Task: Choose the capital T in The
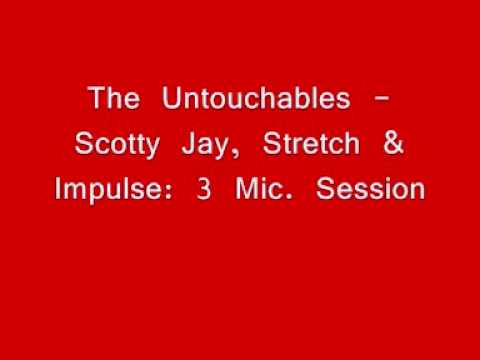[x=95, y=100]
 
